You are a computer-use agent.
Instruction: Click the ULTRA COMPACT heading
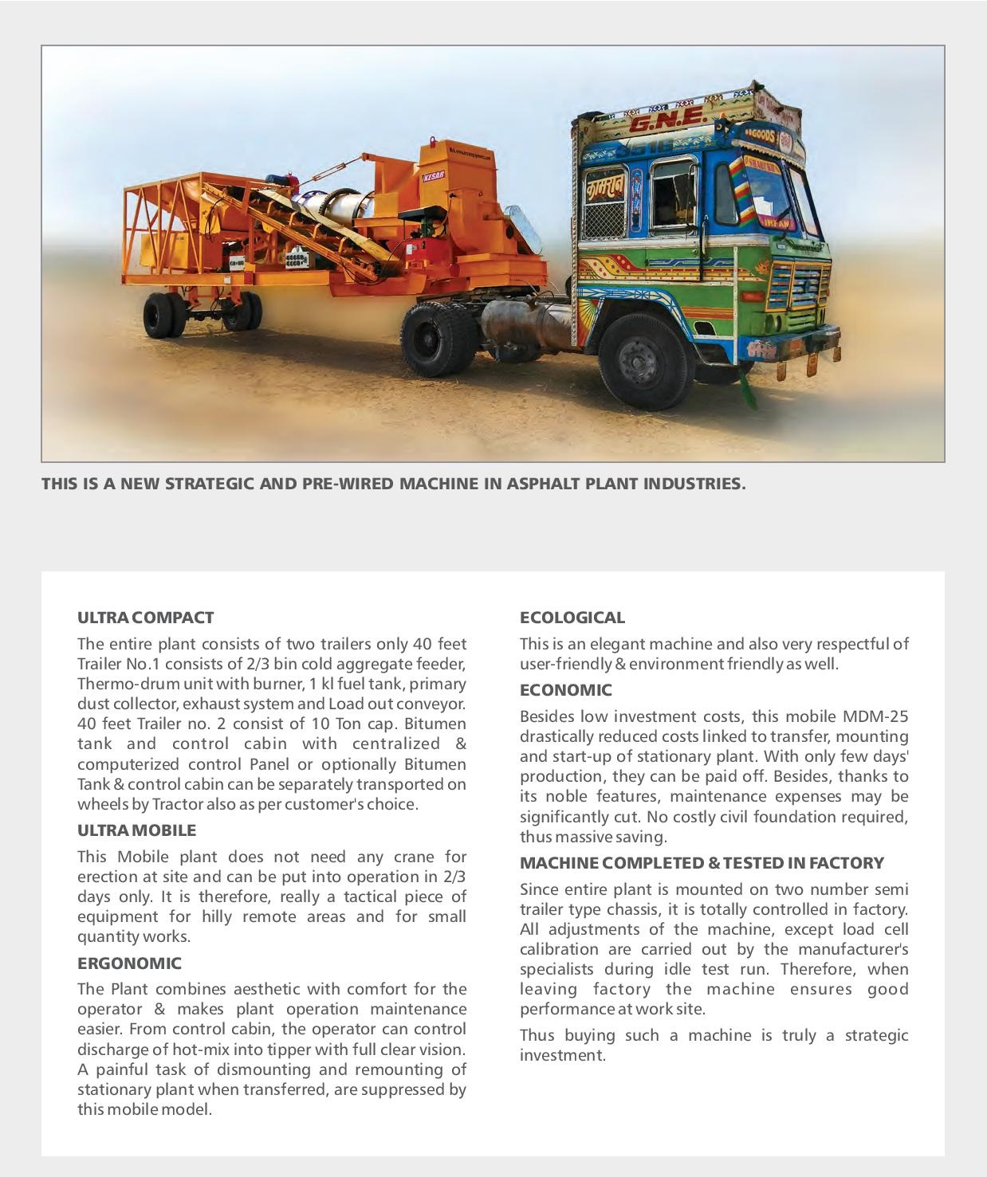[145, 618]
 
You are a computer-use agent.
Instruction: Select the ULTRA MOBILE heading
[136, 830]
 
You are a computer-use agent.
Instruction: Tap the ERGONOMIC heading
[129, 963]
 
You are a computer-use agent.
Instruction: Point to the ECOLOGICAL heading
[572, 618]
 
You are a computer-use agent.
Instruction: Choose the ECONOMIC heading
[566, 690]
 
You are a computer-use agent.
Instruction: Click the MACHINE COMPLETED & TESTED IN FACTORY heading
[702, 863]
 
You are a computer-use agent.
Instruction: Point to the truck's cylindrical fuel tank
[522, 324]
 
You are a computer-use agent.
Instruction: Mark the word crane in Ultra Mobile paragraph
[414, 857]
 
